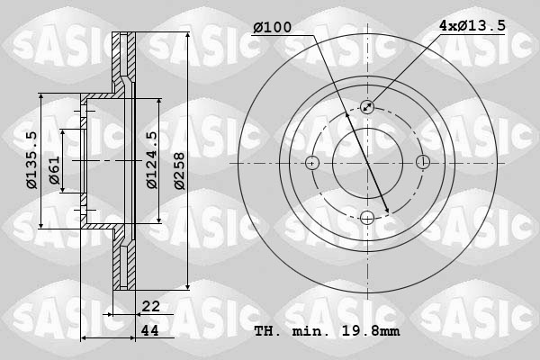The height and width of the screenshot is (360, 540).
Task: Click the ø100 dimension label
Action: [272, 28]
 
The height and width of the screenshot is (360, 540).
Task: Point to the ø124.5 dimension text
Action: [152, 160]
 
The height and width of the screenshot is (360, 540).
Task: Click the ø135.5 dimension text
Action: [31, 160]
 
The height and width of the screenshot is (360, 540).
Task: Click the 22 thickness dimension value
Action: [150, 307]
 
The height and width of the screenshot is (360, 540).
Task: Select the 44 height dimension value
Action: [150, 330]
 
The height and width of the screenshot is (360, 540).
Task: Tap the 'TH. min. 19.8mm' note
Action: [327, 331]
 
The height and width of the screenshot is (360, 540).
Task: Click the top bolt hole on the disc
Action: [367, 108]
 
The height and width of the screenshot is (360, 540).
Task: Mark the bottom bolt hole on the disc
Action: [367, 218]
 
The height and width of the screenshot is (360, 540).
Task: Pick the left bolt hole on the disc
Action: [312, 163]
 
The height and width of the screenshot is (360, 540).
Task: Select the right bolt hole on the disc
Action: [422, 163]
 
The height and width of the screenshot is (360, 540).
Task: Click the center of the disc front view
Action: [367, 163]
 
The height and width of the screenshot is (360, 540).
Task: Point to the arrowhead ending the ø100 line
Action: [386, 211]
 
